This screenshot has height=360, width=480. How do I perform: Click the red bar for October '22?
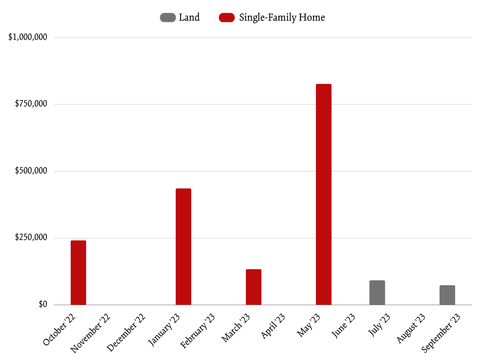[x=78, y=272]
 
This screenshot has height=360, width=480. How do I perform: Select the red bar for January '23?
[x=183, y=247]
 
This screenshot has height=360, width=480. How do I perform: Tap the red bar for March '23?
[x=254, y=287]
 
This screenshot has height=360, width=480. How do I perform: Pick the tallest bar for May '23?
[x=323, y=194]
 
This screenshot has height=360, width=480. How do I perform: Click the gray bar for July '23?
[x=377, y=292]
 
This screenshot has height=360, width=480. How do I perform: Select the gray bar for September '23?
[x=447, y=295]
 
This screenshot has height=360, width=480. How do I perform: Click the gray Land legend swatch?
[x=168, y=18]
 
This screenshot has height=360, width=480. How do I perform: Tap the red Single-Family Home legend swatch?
[x=227, y=18]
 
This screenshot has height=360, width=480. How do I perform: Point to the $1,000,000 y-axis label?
[x=28, y=37]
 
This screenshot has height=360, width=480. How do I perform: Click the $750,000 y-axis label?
[x=31, y=104]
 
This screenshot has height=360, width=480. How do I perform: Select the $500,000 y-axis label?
[x=31, y=171]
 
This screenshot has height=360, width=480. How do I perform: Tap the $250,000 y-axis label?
[x=31, y=238]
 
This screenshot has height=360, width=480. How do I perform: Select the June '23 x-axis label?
[x=343, y=325]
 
